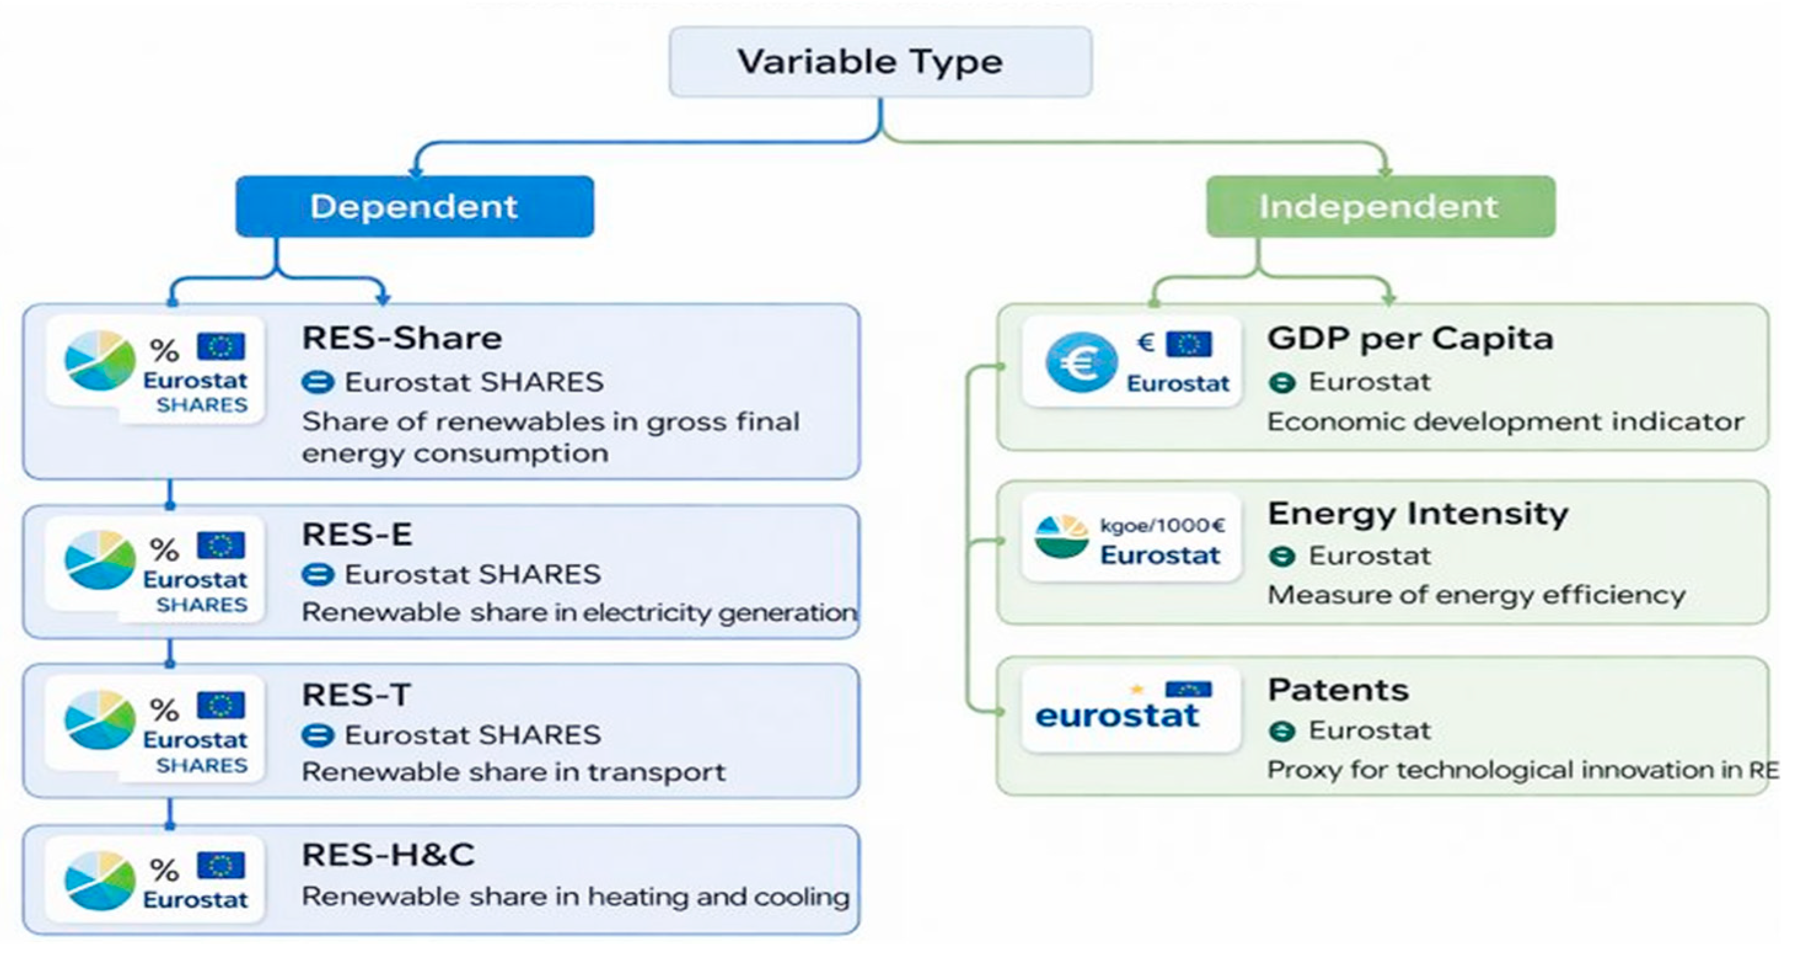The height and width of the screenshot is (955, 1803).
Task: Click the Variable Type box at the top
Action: coord(880,61)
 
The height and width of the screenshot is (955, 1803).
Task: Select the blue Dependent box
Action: coord(415,206)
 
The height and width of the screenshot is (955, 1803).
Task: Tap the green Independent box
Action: coord(1381,206)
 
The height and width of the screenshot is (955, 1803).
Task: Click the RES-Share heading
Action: coord(402,338)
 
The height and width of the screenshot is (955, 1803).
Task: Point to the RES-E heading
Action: coord(357,535)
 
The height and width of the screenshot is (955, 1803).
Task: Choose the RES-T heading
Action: coord(356,694)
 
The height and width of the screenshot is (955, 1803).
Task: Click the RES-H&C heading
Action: coord(388,855)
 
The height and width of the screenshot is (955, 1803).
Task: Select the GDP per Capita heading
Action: coord(1410,339)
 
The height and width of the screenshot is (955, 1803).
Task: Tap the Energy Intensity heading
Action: coord(1418,514)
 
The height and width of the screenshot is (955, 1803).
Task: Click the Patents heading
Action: coord(1338,690)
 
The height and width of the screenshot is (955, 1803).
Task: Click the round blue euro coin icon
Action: coord(1081,362)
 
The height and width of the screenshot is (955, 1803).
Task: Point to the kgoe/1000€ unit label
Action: coord(1162,525)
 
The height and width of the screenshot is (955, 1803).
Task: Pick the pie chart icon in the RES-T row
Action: coord(100,720)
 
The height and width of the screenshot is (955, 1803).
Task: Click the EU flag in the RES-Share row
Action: coord(221,346)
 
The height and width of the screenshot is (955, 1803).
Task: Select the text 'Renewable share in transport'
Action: coord(514,772)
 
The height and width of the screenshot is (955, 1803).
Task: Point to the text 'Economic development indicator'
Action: coord(1506,422)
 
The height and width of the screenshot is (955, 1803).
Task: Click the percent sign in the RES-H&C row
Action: coord(165,871)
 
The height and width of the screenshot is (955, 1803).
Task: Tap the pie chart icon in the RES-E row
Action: coord(100,560)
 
